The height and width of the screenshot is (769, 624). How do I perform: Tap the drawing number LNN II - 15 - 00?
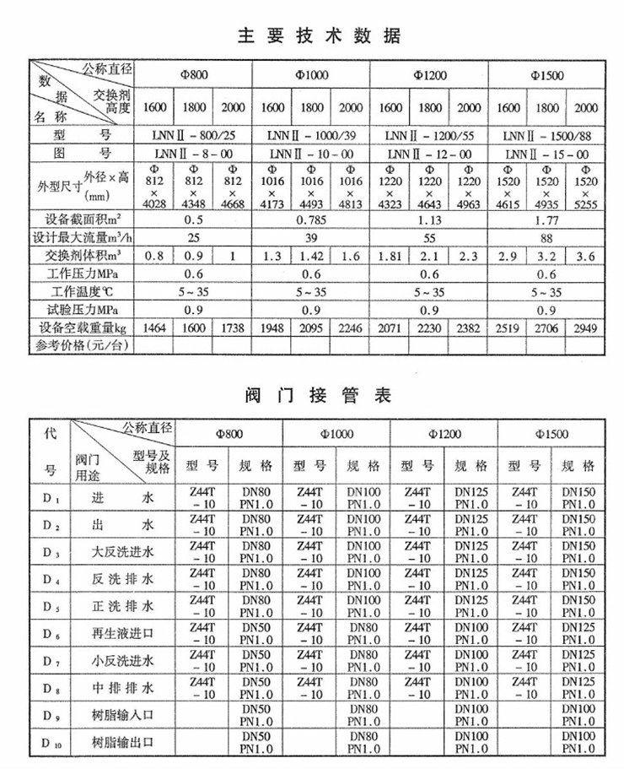(546, 154)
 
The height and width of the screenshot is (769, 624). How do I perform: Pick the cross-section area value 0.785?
(311, 218)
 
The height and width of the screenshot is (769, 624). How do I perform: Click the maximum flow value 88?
(546, 236)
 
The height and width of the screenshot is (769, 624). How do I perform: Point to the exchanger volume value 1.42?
(311, 254)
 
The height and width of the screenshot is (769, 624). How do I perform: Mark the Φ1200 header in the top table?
(429, 75)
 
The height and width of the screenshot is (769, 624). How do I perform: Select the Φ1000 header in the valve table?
(336, 434)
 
